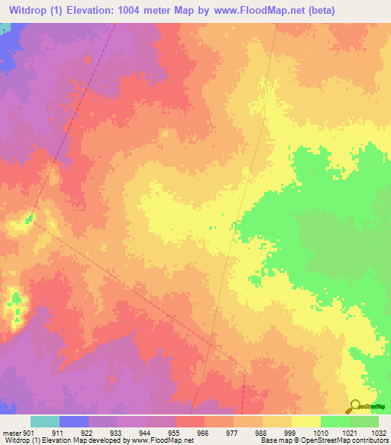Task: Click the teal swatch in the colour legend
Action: [x=44, y=421]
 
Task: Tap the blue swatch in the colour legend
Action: [x=73, y=421]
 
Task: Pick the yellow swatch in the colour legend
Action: [x=305, y=421]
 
